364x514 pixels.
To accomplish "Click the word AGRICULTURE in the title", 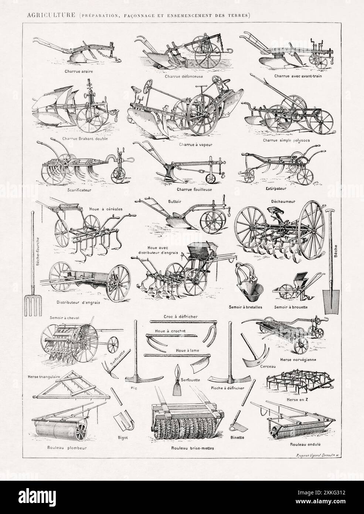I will (44, 15).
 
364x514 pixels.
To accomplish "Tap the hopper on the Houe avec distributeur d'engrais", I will (199, 251).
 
